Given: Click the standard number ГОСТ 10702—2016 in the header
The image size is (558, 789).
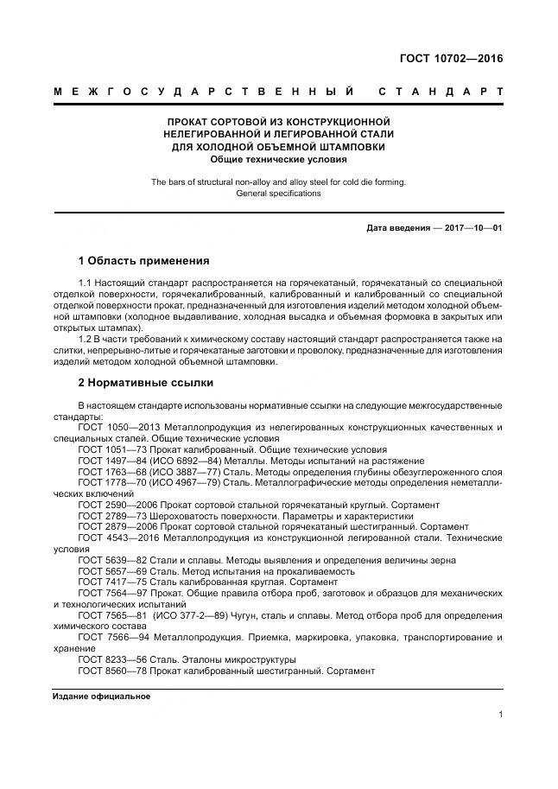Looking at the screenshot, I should point(450,59).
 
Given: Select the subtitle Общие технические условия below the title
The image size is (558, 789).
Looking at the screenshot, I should point(278,159).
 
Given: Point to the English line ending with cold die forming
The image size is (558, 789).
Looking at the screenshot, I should point(278,182).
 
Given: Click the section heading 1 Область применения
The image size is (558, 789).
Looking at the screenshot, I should point(143,260).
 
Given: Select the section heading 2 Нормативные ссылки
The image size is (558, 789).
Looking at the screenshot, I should point(145,382).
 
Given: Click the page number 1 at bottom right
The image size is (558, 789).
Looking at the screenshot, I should point(501,714).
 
